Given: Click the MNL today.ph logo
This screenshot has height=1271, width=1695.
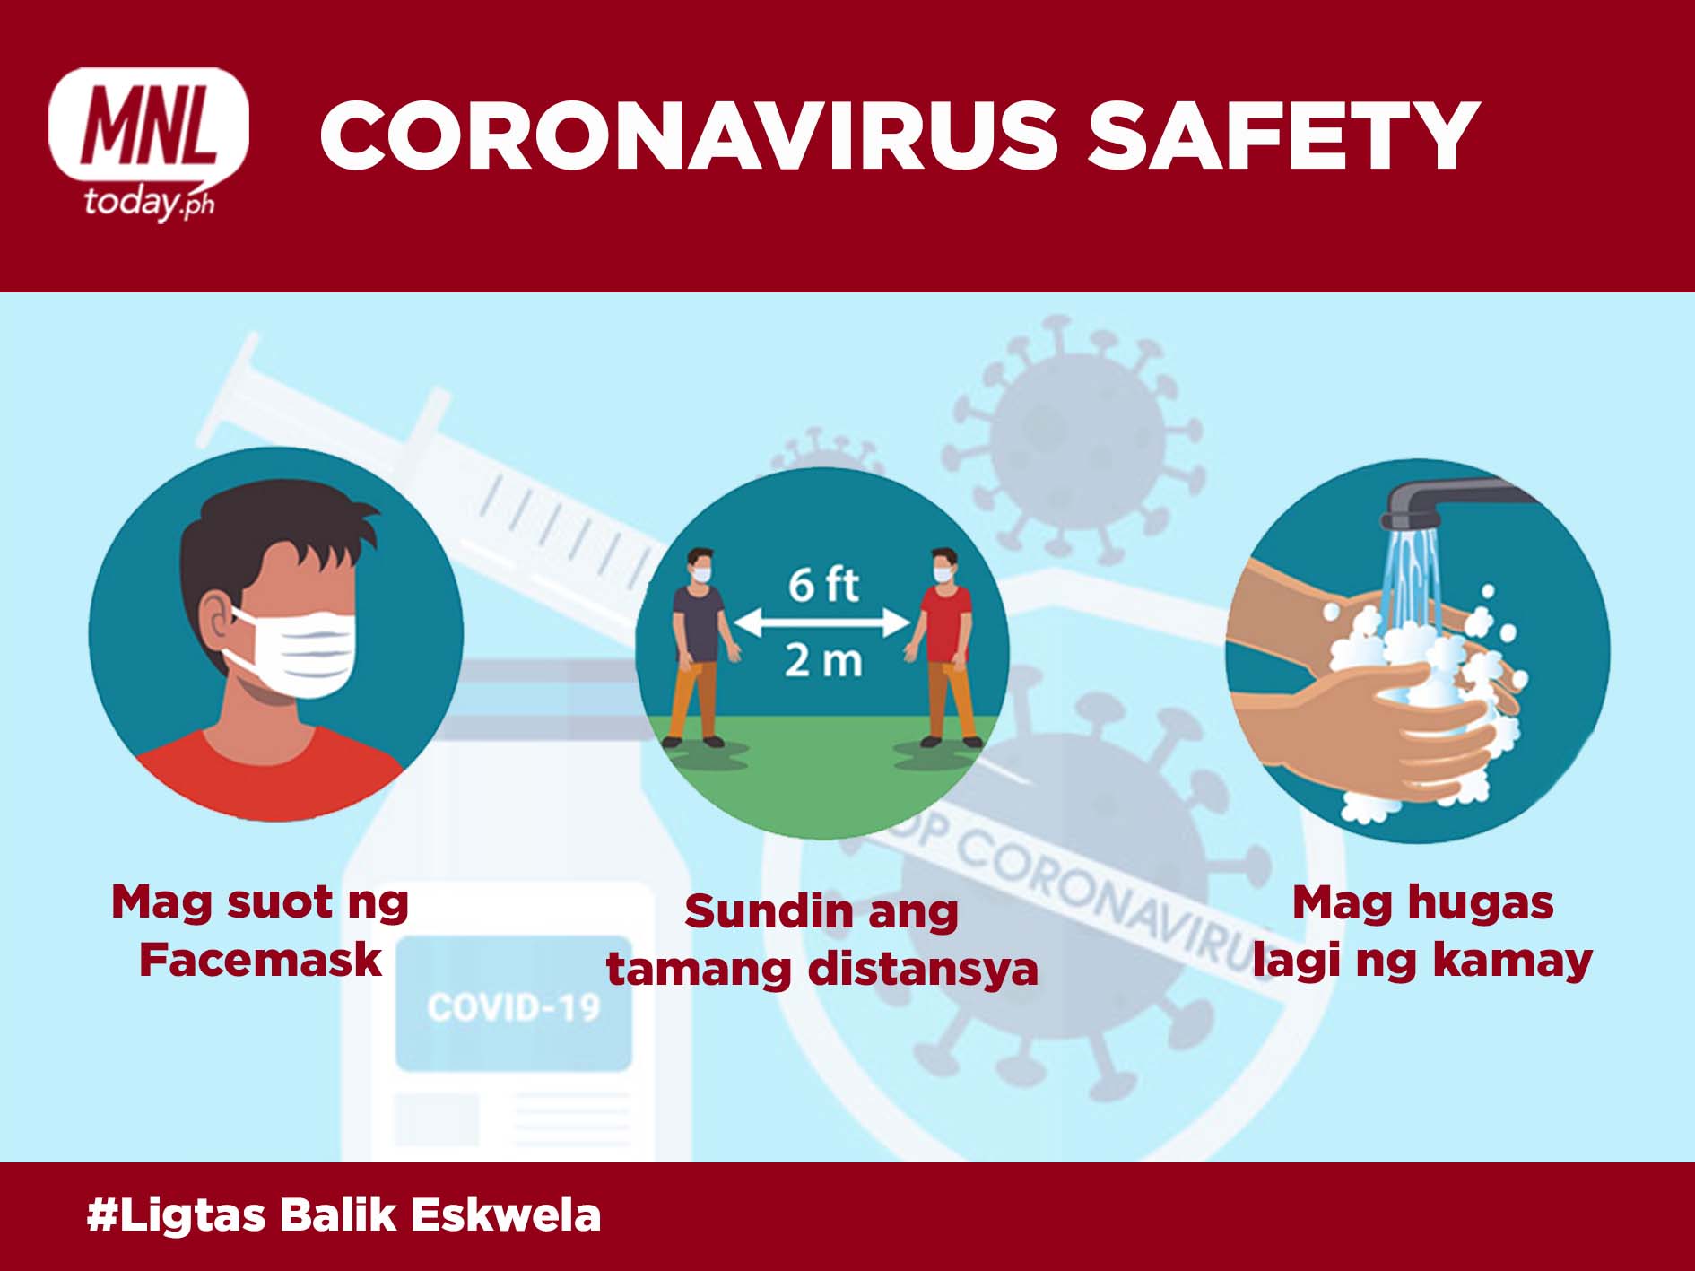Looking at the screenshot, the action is pyautogui.click(x=149, y=144).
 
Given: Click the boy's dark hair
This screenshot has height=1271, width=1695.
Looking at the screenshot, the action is pyautogui.click(x=269, y=538).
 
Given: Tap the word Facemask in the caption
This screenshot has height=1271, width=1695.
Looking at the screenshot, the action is pyautogui.click(x=260, y=960).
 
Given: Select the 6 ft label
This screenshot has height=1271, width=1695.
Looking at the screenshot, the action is pyautogui.click(x=823, y=585).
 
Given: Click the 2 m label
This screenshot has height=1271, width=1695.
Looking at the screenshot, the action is pyautogui.click(x=823, y=661).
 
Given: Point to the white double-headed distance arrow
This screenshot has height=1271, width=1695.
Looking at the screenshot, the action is pyautogui.click(x=822, y=622).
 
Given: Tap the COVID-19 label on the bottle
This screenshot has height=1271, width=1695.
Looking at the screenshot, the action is pyautogui.click(x=514, y=1007).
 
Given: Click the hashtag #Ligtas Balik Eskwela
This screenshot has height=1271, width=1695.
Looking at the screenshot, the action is pyautogui.click(x=343, y=1215).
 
